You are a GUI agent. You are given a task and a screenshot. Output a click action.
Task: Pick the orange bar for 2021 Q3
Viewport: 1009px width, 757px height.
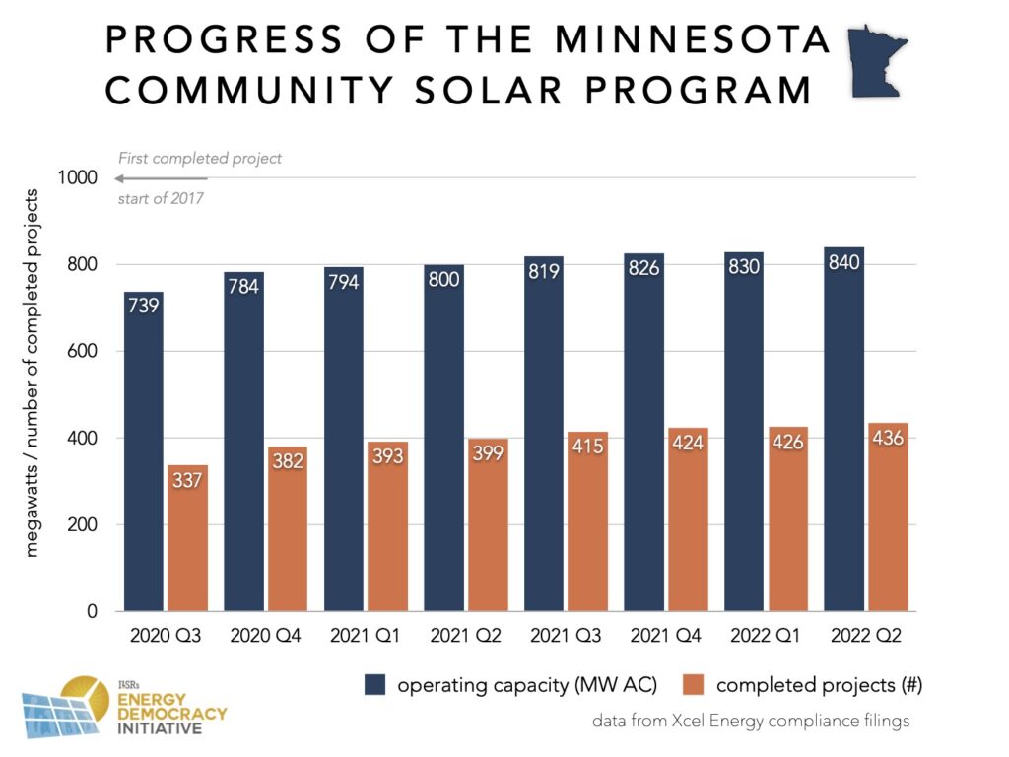click(x=587, y=521)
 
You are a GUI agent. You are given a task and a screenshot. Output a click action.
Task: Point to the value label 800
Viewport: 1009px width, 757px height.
click(x=443, y=280)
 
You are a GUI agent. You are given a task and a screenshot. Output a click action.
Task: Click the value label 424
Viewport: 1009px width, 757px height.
click(x=688, y=443)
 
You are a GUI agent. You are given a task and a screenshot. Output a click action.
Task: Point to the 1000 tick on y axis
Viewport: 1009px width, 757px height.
click(x=78, y=177)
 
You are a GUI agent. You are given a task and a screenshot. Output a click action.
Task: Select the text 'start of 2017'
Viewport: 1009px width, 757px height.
click(x=161, y=198)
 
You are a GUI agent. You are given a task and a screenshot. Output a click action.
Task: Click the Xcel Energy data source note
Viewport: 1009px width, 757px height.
click(x=750, y=722)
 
